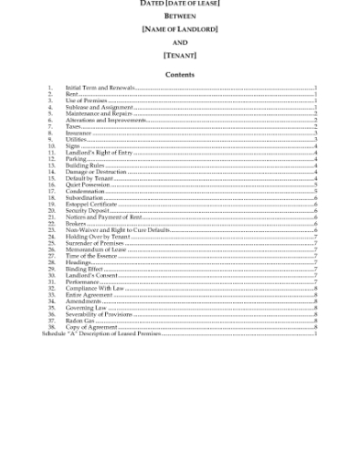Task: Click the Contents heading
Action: pos(179,74)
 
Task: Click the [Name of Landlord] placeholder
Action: pos(179,30)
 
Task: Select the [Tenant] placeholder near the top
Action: pos(179,56)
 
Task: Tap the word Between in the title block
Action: pos(179,17)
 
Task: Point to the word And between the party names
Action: pos(179,43)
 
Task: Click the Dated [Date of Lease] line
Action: pos(179,5)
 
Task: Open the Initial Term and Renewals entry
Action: pos(101,90)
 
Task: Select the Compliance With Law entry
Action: pos(90,287)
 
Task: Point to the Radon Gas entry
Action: pos(79,319)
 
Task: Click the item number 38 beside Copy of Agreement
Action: pos(51,325)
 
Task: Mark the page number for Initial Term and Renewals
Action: pos(316,90)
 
